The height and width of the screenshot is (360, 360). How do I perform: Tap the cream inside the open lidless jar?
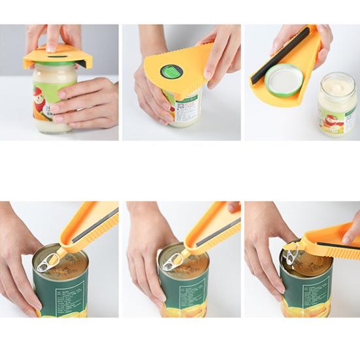(x=337, y=83)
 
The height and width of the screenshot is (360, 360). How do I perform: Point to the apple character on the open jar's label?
(x=332, y=120)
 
